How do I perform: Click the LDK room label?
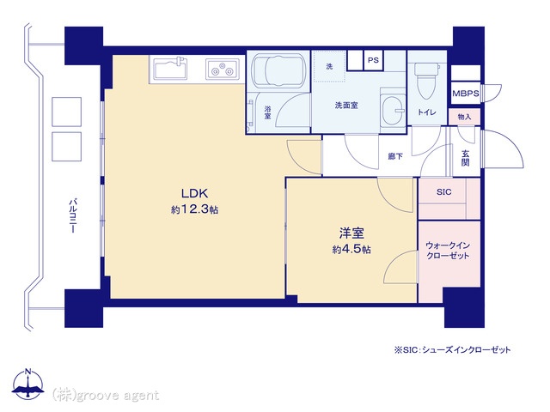195,193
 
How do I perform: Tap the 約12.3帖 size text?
195,209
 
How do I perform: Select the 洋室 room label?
351,233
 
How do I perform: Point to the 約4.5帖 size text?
351,250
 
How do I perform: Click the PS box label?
373,60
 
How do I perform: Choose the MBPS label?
466,94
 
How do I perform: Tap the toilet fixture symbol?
426,80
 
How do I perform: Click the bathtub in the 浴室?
278,70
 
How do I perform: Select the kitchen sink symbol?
171,68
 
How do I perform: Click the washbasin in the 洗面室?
394,110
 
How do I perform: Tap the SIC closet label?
444,192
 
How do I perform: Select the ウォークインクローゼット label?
448,250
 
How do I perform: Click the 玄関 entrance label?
465,158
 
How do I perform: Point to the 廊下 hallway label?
395,156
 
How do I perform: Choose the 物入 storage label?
464,117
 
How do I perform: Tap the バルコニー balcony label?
73,216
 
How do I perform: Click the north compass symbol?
28,383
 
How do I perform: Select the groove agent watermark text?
105,395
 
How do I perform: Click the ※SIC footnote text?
453,349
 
